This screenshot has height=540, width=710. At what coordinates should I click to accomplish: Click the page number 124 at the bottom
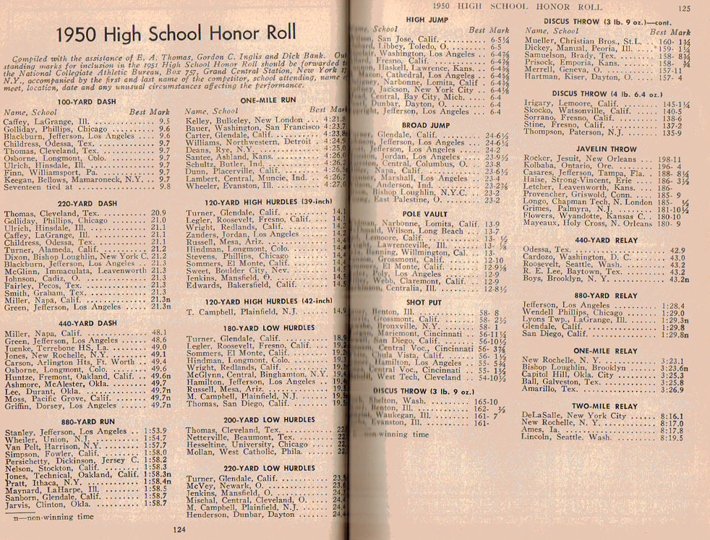(180, 529)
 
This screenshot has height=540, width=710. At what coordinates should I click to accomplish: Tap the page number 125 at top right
(684, 9)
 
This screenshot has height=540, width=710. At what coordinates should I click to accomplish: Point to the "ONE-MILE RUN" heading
(268, 100)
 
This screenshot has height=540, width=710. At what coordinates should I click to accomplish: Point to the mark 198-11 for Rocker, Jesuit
(672, 158)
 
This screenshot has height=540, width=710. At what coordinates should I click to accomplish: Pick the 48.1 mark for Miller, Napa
(158, 333)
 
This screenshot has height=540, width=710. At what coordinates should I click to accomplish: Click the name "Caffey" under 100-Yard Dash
(17, 122)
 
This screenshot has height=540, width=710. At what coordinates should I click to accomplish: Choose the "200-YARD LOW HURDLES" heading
(267, 419)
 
